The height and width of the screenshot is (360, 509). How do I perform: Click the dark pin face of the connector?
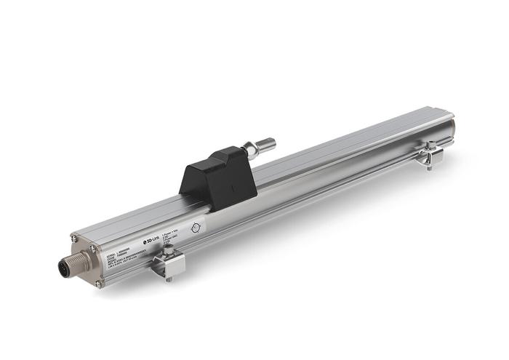63,268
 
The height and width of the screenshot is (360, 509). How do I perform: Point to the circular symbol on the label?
194,227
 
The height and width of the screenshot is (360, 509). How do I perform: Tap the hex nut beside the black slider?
251,149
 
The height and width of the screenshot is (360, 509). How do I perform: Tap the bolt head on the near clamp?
168,251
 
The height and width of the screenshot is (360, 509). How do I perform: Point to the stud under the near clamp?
169,277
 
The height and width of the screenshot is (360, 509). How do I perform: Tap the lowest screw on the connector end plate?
99,283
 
